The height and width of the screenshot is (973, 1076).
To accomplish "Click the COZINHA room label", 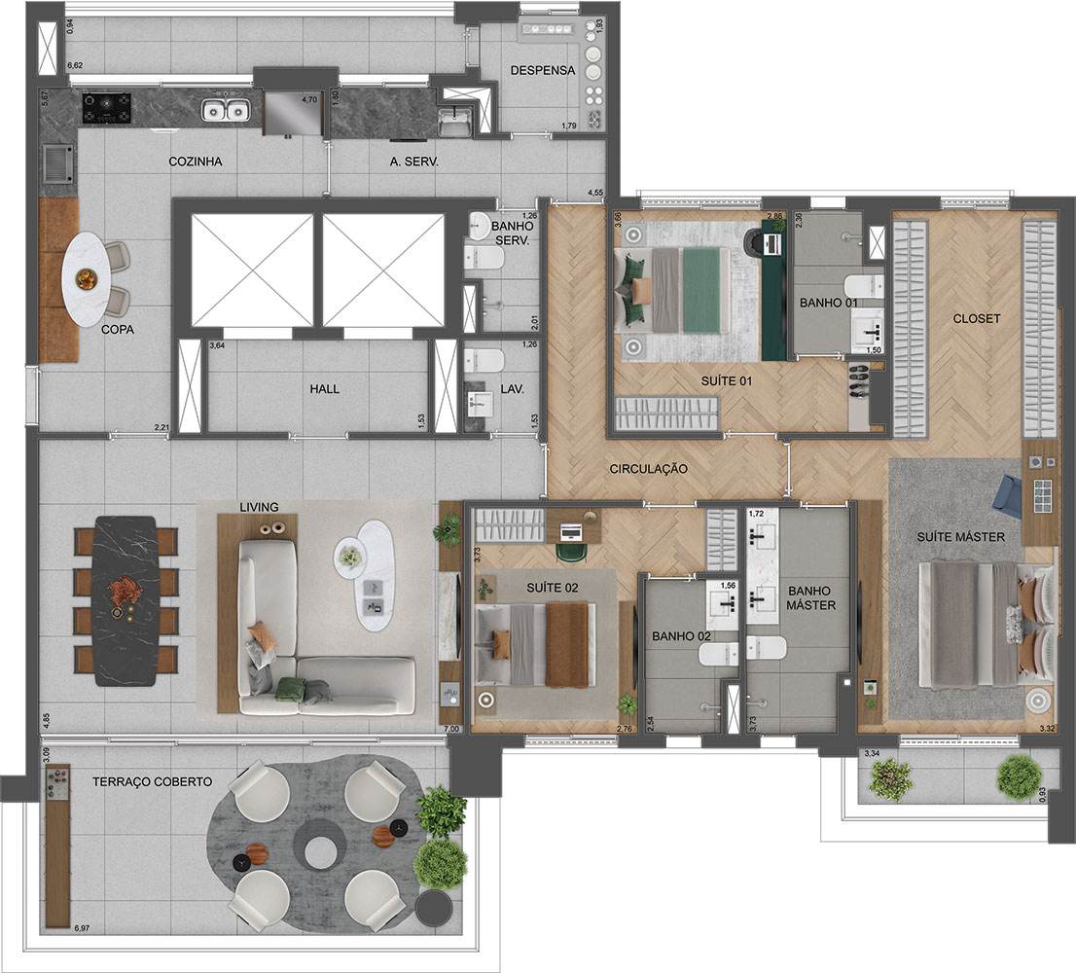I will pyautogui.click(x=194, y=162).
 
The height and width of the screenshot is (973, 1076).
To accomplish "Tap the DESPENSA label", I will pyautogui.click(x=544, y=71).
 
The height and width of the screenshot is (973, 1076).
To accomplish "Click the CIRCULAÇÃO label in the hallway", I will pyautogui.click(x=649, y=469).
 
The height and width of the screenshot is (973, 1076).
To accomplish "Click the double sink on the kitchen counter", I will pyautogui.click(x=225, y=111).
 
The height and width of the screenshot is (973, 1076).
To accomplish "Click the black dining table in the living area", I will pyautogui.click(x=125, y=600).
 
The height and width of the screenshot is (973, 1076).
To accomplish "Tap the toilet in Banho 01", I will pyautogui.click(x=860, y=286).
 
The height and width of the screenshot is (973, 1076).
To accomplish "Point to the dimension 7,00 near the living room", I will pyautogui.click(x=450, y=729).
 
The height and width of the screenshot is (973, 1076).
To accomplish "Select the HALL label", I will pyautogui.click(x=324, y=388).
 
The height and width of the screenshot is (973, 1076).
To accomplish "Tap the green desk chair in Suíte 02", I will pyautogui.click(x=572, y=553).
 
